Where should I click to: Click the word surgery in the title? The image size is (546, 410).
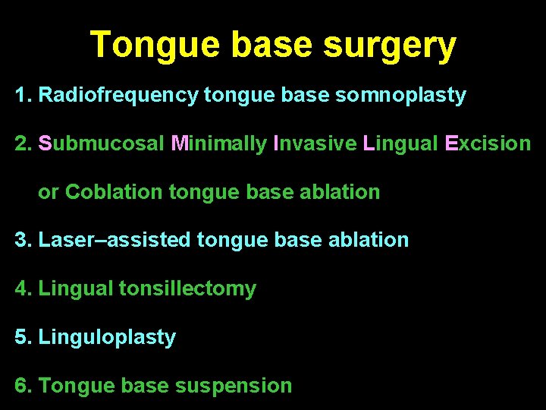[x=390, y=47]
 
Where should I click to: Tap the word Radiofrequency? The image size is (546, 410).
[x=118, y=96]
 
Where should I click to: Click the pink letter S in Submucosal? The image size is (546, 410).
[x=45, y=143]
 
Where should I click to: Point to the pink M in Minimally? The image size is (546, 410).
[x=180, y=143]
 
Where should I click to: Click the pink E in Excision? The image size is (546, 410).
[x=451, y=143]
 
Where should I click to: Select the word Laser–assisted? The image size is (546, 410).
[x=114, y=241]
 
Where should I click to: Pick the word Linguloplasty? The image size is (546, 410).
[x=106, y=337]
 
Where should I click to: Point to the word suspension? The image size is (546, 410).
[x=233, y=386]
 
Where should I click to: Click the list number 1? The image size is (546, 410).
[x=20, y=96]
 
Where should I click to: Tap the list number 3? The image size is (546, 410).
[x=20, y=241]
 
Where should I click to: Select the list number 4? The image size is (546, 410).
[x=20, y=289]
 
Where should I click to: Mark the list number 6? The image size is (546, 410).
[x=20, y=386]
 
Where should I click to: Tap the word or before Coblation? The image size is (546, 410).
[x=48, y=193]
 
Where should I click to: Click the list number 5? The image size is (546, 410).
[x=20, y=337]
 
